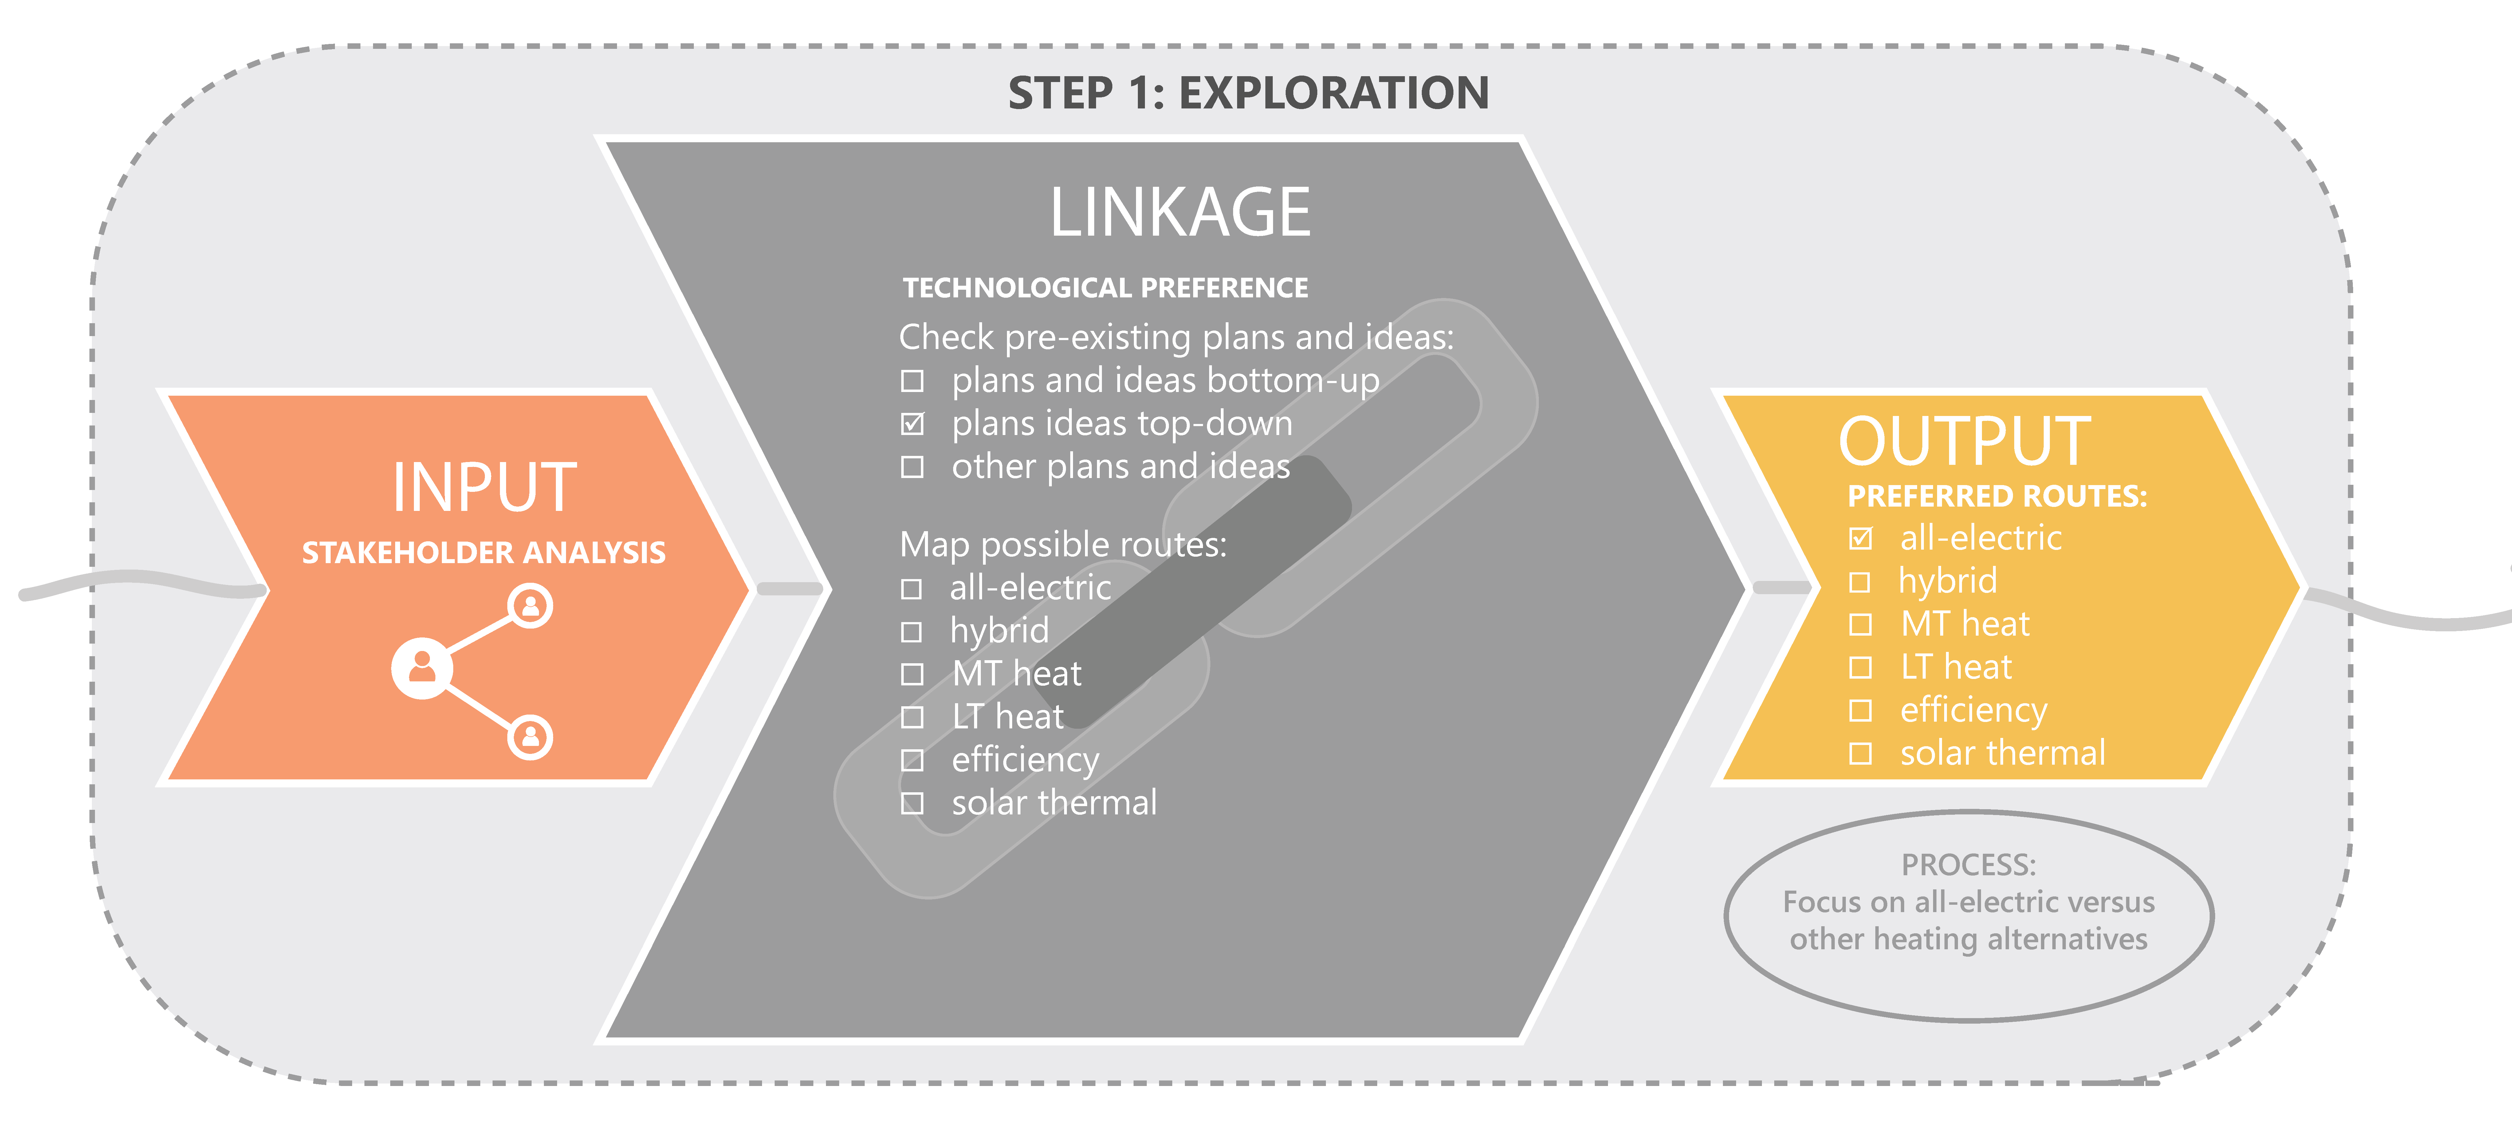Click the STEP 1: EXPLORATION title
pos(1248,94)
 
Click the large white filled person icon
pos(421,668)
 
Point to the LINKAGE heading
pos(1180,213)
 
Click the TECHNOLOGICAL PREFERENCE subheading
pos(1105,288)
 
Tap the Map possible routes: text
pos(1063,544)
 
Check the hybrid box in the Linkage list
pos(912,632)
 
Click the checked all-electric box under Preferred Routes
pos(1861,538)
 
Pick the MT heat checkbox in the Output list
pos(1861,624)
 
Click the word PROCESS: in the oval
pos(1968,865)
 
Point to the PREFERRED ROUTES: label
pos(1997,496)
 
